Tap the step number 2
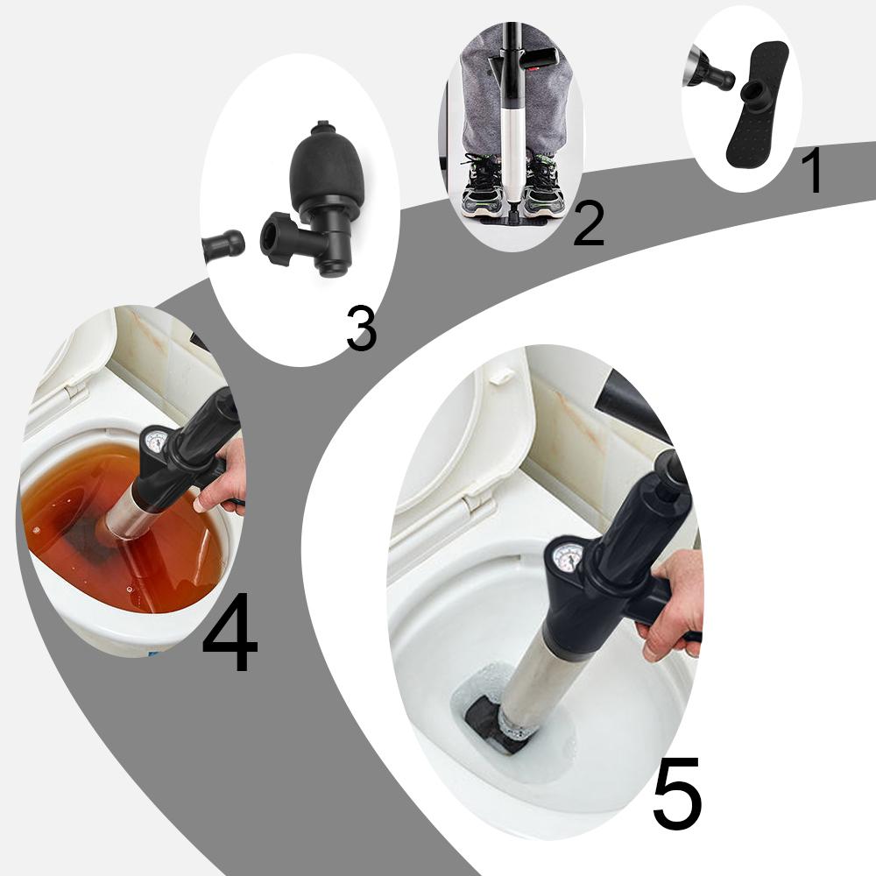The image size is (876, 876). (x=588, y=223)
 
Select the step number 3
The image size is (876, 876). (x=360, y=329)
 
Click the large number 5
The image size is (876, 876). (x=676, y=794)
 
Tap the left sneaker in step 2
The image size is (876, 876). (x=483, y=186)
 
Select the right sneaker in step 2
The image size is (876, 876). (x=544, y=186)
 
